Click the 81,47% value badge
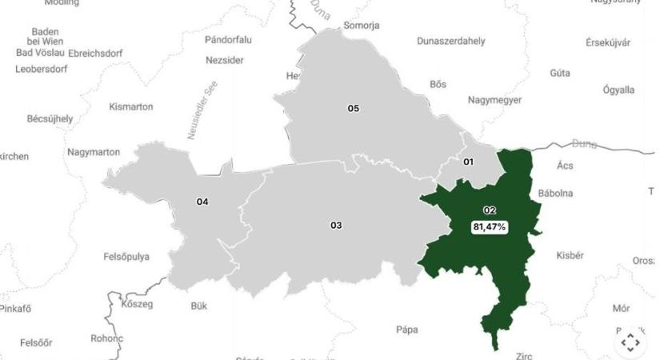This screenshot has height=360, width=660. tap(489, 227)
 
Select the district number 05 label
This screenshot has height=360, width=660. tap(353, 108)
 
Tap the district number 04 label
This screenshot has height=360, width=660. tap(202, 202)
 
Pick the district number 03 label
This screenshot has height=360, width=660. tap(336, 226)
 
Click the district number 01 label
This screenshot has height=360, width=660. tap(468, 162)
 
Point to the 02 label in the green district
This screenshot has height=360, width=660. tap(489, 210)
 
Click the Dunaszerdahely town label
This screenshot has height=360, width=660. tap(451, 41)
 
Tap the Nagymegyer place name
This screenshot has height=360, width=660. tap(494, 100)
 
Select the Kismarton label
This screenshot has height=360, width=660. tap(131, 106)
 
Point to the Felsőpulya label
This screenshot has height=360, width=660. tap(126, 257)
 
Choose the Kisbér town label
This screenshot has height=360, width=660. tap(570, 255)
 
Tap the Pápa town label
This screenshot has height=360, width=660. tap(407, 330)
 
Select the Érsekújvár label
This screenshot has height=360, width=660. tap(608, 42)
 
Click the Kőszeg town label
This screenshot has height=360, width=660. tap(136, 304)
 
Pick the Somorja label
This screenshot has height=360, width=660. tap(362, 26)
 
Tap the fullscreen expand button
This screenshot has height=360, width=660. tap(630, 342)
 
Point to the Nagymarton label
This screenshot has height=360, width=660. tap(94, 152)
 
